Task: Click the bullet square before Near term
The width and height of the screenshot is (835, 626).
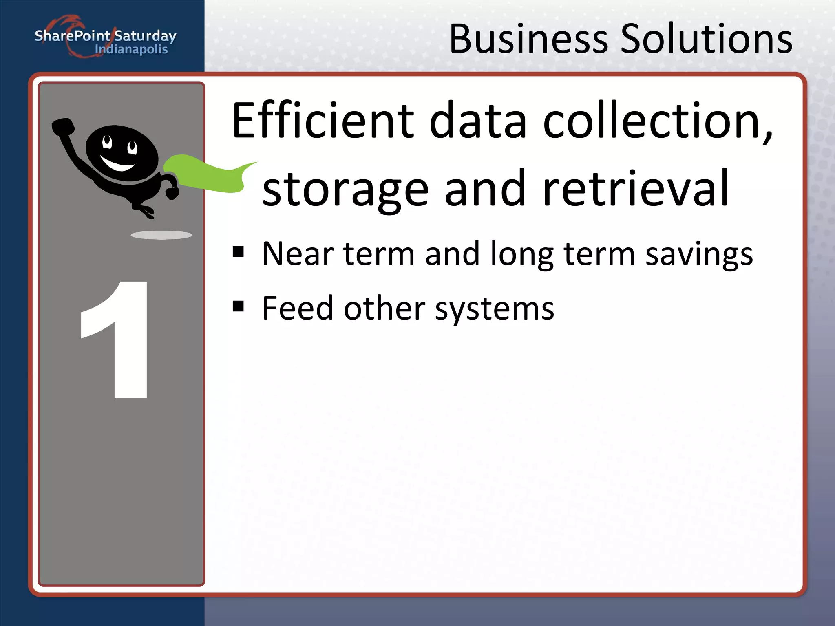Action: pos(238,252)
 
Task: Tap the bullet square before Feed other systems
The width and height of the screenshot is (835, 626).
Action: pos(238,306)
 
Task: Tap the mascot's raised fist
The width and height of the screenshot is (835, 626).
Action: pos(63,126)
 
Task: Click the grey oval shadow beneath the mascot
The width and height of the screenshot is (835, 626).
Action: pos(161,235)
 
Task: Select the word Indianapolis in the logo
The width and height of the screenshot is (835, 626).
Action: pos(131,50)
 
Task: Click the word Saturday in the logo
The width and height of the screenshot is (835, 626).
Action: pos(145,36)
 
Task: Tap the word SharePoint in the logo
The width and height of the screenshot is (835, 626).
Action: pos(72,36)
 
